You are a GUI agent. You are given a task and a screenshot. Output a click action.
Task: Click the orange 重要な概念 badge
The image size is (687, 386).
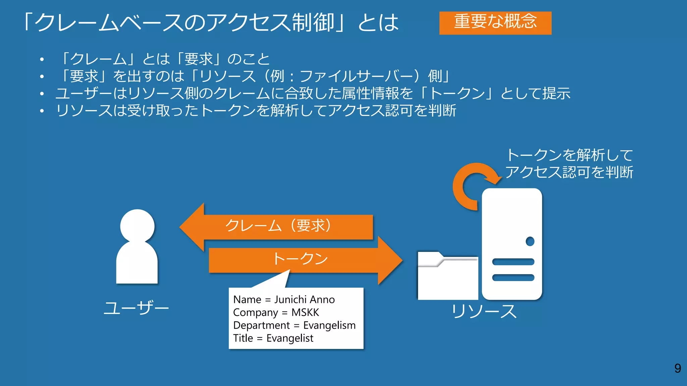click(495, 23)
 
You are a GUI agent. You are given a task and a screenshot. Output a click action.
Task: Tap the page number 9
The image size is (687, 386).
click(678, 368)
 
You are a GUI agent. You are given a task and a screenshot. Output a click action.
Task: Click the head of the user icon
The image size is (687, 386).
click(137, 226)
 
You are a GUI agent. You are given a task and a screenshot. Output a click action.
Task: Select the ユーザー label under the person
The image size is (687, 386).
click(136, 308)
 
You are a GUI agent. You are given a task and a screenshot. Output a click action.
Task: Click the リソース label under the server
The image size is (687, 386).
click(484, 311)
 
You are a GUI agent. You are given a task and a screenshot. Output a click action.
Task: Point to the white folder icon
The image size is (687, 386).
click(447, 278)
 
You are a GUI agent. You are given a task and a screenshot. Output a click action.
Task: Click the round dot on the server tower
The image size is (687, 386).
click(530, 241)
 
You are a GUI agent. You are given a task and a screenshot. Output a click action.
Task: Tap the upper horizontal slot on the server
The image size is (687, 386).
click(513, 262)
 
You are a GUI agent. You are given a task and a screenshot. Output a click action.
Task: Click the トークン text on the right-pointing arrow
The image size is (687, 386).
click(300, 259)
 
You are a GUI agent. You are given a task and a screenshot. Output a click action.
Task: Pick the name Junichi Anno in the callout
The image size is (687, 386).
click(305, 299)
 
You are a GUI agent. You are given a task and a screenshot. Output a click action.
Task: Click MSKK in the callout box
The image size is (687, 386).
click(305, 312)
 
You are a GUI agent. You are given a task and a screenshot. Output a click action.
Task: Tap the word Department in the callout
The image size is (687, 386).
click(261, 325)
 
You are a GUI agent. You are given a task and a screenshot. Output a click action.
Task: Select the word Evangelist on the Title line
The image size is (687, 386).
click(290, 338)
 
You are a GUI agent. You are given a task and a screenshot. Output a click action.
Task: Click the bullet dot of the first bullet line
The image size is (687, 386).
click(42, 60)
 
